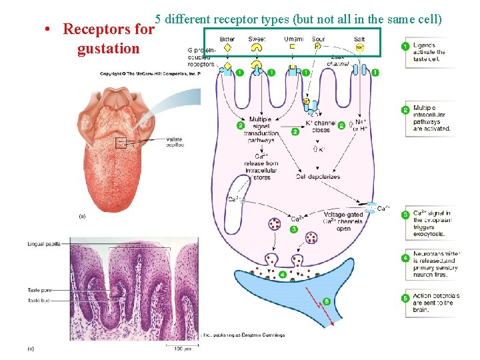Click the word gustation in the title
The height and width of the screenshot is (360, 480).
pos(108,49)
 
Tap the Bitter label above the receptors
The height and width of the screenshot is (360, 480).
pos(227,39)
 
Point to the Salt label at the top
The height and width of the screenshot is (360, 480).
pos(360,39)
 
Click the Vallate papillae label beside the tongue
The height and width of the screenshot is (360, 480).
pos(170,142)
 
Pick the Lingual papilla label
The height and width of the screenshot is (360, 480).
pos(45,245)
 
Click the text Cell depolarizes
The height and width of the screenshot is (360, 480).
pos(318,177)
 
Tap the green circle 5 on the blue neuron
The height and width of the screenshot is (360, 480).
pos(326,301)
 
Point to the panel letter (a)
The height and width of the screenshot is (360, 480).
pos(82,216)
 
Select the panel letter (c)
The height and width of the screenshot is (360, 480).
pos(30,349)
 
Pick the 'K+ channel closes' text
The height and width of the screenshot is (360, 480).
pos(321,127)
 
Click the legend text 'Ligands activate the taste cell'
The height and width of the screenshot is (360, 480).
pos(429,52)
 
